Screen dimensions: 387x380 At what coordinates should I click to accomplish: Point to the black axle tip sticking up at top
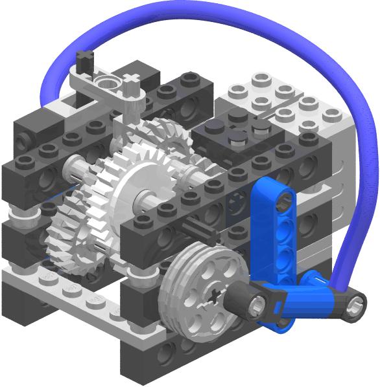tap(83, 62)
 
